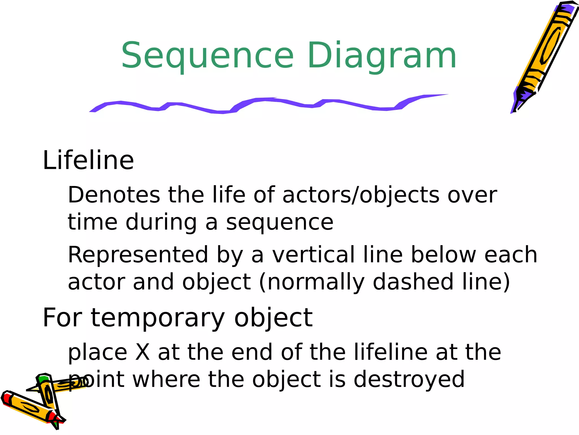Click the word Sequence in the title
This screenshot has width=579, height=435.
point(208,56)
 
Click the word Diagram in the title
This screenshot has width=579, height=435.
point(382,56)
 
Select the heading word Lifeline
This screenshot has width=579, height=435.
point(88,161)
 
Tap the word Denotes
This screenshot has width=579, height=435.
point(114,195)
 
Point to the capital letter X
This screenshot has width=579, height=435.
point(142,352)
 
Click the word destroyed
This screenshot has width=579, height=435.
point(409,379)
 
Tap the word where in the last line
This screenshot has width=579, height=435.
point(167,379)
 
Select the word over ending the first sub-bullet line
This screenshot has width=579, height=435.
point(472,195)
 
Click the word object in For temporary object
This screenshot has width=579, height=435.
point(273,318)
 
